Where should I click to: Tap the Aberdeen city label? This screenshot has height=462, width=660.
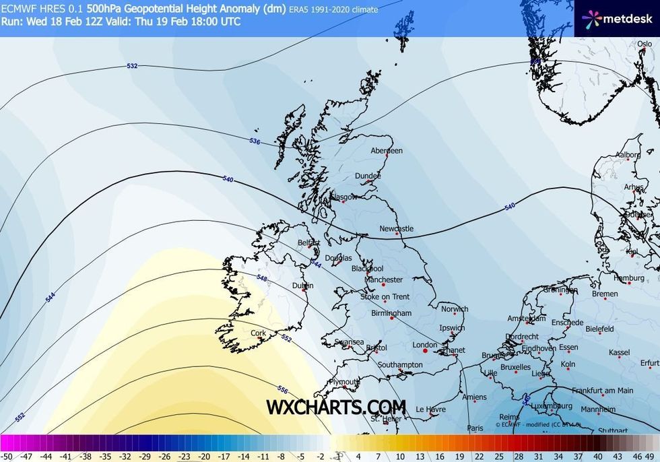[387, 151]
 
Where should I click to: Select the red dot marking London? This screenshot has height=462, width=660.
[425, 350]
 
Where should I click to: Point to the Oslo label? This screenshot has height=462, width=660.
[645, 44]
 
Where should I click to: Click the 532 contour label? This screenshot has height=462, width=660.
[132, 66]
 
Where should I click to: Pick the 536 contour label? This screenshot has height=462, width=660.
[255, 141]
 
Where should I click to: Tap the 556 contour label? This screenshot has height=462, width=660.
[283, 390]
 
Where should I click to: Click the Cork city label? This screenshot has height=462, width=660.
[258, 333]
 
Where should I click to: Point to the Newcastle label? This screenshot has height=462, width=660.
[396, 229]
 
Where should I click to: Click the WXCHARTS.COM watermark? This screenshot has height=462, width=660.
[336, 407]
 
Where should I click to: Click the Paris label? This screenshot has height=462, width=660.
[475, 428]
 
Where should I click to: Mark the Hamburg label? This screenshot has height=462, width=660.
[629, 278]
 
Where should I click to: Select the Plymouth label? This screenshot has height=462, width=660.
[344, 382]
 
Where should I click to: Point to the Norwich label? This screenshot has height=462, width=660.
[455, 310]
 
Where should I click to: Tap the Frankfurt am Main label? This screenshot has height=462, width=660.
[603, 391]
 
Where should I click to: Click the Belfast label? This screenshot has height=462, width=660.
[309, 243]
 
